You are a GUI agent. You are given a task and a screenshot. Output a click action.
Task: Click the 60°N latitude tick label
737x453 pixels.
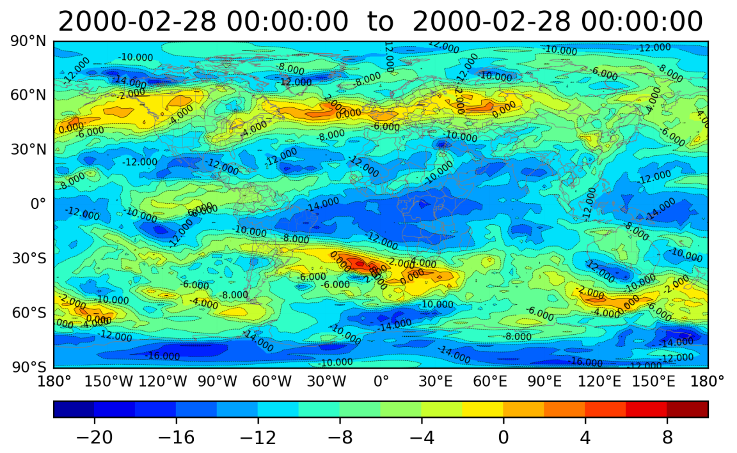[x=28, y=96]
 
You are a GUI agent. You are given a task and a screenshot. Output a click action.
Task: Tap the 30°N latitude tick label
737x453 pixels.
[x=28, y=150]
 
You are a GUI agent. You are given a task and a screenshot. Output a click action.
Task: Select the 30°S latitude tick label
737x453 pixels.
[x=28, y=259]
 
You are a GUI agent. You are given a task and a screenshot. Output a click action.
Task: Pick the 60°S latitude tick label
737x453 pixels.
[x=28, y=313]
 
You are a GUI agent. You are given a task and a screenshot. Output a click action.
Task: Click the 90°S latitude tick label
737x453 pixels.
[x=28, y=367]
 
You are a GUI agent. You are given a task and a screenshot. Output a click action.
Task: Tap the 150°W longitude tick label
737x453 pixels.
[x=109, y=382]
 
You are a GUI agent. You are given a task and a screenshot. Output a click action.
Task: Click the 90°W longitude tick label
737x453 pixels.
[x=218, y=382]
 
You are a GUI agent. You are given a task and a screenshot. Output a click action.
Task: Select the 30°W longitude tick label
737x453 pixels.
[x=326, y=382]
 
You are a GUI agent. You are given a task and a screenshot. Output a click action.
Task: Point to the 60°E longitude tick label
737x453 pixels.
[x=490, y=382]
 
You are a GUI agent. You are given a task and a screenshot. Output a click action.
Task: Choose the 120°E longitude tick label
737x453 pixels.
[x=599, y=382]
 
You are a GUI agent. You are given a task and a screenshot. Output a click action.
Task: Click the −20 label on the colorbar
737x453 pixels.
[x=95, y=438]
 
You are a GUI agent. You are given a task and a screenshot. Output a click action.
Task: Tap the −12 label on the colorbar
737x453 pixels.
[x=258, y=438]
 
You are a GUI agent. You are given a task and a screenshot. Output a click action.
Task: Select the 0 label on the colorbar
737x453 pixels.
[x=503, y=438]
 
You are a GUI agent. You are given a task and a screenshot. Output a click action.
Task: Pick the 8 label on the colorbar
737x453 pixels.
[x=667, y=438]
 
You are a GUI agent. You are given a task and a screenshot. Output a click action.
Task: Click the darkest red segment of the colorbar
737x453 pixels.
[x=688, y=409]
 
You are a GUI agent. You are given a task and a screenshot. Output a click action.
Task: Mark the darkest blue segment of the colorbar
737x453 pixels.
[x=74, y=409]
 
